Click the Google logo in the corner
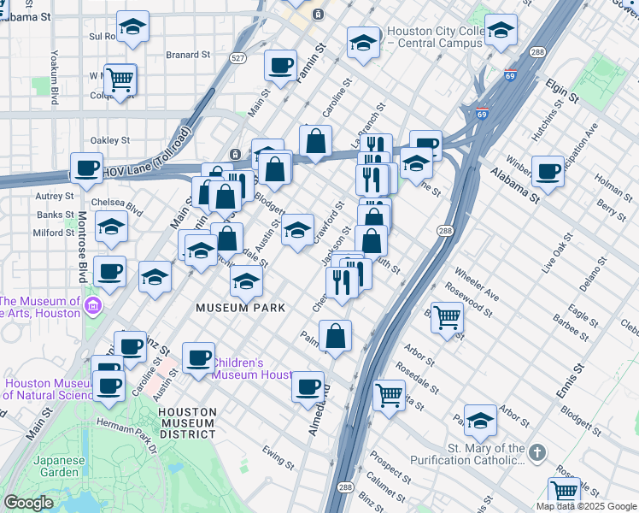(x=28, y=503)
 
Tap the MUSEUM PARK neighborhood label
(x=240, y=307)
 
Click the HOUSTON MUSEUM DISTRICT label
(x=187, y=422)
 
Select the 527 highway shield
(x=238, y=58)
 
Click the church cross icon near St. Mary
(x=536, y=451)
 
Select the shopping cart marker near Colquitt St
(x=120, y=79)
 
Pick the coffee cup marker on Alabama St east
(x=548, y=170)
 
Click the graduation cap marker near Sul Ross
(x=132, y=27)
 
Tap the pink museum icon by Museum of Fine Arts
(x=93, y=306)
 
